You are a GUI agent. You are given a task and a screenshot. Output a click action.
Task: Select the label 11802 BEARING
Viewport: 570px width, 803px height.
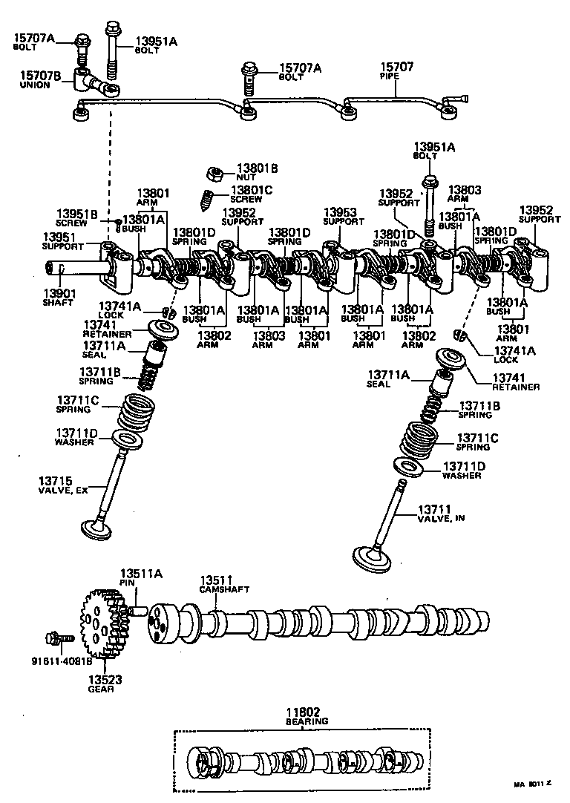[x=307, y=716]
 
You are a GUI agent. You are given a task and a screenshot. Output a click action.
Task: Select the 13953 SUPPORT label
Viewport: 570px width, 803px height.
[x=344, y=216]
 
